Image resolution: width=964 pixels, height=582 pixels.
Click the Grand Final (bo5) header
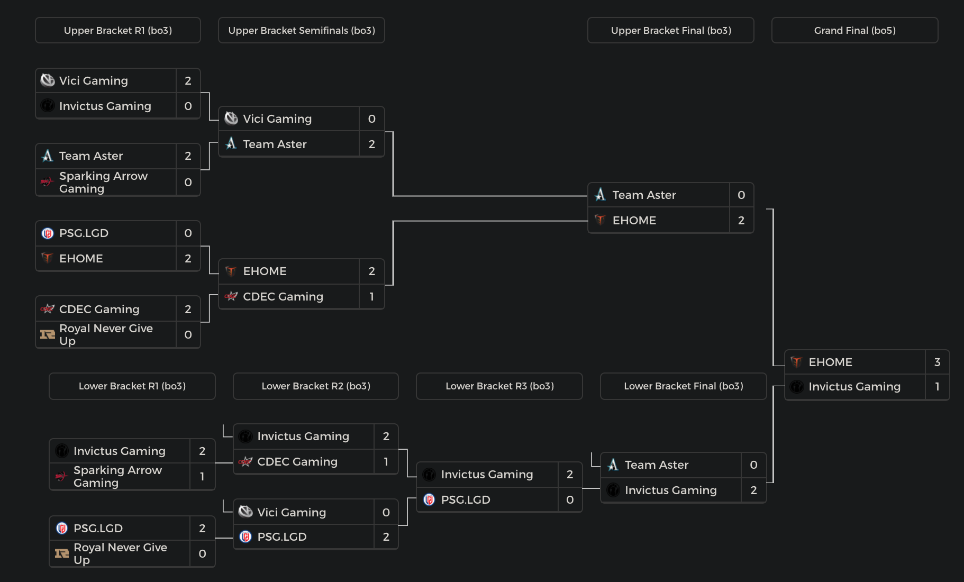(854, 31)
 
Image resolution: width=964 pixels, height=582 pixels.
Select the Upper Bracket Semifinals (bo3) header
(302, 31)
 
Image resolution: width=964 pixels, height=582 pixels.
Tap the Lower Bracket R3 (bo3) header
(499, 386)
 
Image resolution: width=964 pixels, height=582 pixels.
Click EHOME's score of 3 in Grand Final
(937, 362)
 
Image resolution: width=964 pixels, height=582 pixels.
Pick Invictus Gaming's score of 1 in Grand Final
(937, 387)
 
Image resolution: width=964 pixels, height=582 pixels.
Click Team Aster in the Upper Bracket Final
(644, 195)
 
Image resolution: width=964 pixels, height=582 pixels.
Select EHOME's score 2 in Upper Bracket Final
(741, 221)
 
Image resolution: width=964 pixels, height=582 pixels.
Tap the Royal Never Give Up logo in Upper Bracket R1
(48, 335)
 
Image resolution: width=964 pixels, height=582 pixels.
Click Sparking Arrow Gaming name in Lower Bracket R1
(117, 477)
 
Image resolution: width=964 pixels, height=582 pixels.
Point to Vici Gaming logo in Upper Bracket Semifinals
(231, 119)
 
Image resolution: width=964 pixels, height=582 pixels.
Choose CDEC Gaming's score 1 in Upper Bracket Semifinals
(372, 297)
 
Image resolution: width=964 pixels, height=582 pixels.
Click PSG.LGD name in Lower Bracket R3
(466, 500)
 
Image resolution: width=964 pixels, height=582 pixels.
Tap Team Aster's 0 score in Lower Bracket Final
(753, 465)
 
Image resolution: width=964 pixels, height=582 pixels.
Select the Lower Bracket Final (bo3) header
(683, 386)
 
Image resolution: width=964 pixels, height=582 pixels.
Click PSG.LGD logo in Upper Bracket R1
(48, 233)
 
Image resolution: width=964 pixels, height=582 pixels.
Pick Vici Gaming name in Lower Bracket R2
(292, 513)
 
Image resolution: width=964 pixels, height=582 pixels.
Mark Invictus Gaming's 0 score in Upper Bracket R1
(188, 106)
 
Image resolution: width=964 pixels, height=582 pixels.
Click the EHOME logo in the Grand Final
(796, 362)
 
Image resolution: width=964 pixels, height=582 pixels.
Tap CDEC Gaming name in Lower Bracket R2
(297, 462)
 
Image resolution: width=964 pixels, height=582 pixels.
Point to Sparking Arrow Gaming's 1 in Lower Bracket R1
(202, 477)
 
